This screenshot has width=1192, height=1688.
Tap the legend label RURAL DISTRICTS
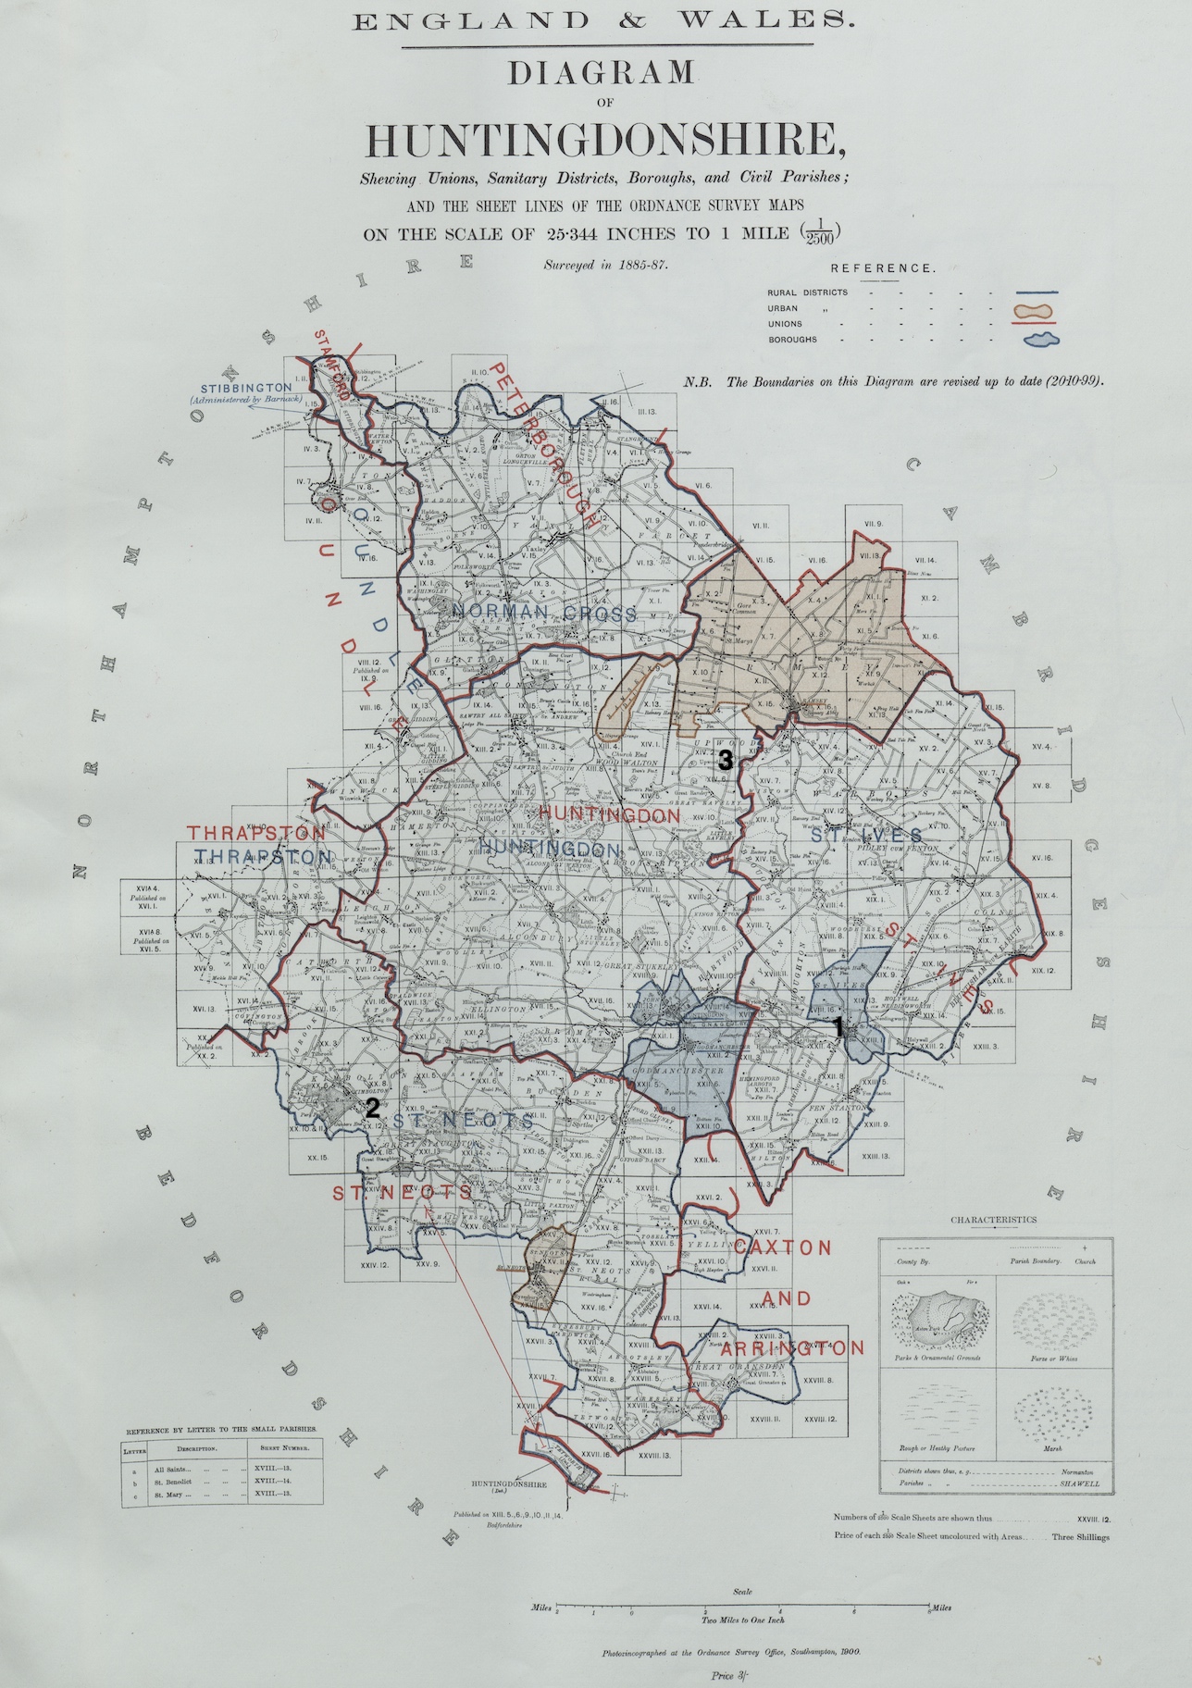tap(807, 292)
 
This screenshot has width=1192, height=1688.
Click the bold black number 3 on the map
tap(726, 762)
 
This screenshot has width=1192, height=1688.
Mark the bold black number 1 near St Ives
tap(838, 1025)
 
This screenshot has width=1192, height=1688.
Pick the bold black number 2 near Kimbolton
tap(372, 1107)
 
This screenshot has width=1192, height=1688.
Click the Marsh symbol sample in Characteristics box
tap(1049, 1412)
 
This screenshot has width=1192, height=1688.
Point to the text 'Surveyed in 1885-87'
tap(605, 265)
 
